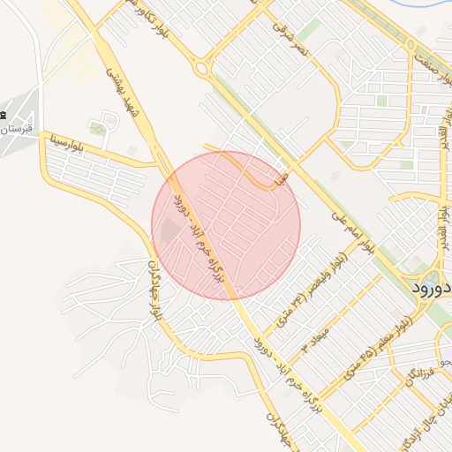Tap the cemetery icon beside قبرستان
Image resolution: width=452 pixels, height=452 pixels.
click(x=4, y=116)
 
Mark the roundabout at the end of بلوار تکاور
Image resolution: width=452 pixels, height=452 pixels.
click(x=202, y=68)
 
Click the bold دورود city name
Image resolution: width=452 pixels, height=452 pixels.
click(x=433, y=289)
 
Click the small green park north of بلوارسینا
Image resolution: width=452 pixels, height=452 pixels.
click(x=98, y=129)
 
